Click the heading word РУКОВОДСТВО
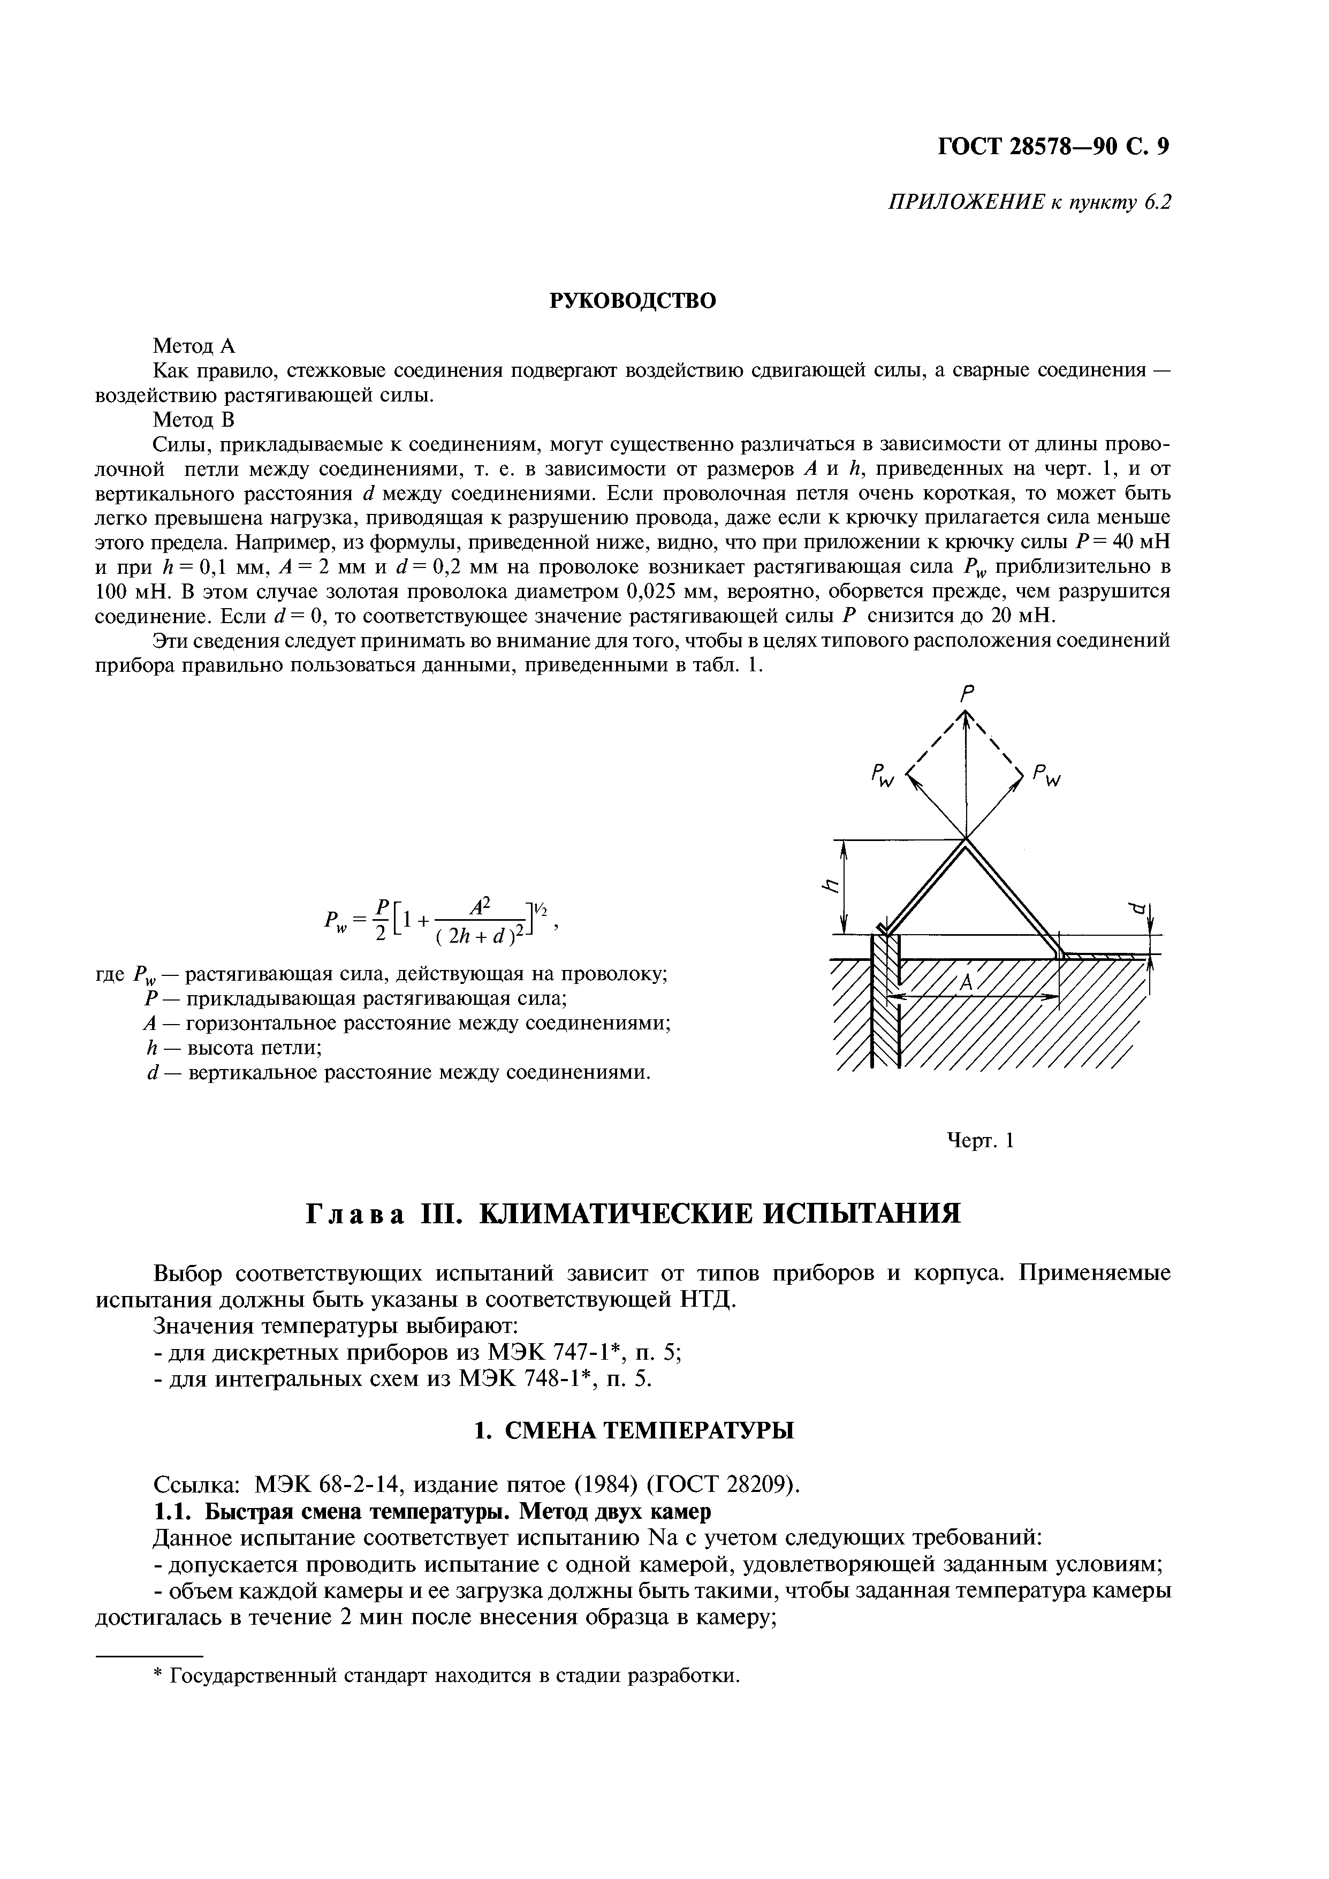(x=632, y=301)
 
